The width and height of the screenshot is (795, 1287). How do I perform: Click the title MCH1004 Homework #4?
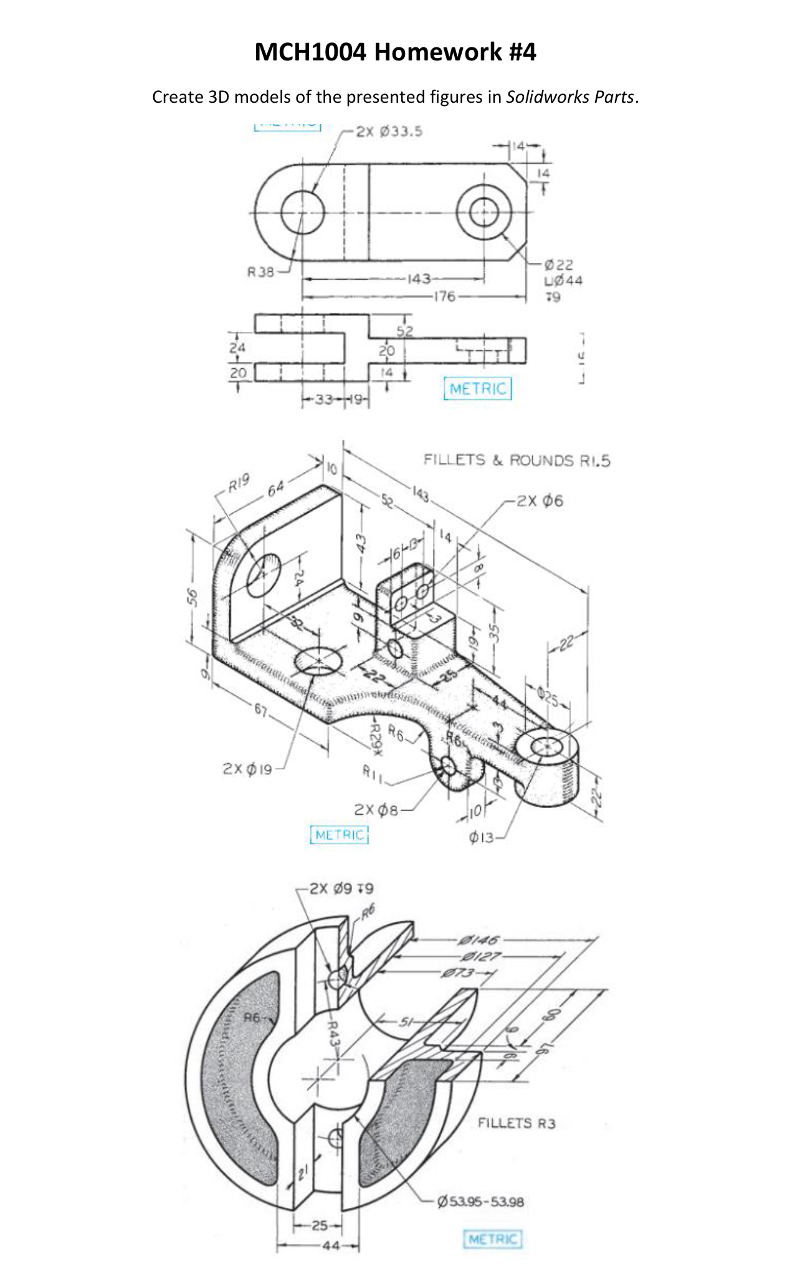coord(395,52)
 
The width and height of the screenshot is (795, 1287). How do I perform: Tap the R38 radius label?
coord(260,272)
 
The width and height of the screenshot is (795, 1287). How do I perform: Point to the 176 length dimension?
coord(444,296)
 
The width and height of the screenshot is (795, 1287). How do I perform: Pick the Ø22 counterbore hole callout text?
coord(558,265)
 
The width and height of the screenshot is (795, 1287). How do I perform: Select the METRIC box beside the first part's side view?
coord(478,389)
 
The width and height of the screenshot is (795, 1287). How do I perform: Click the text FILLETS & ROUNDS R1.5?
coord(517,460)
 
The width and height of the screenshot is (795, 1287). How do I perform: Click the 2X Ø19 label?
coord(247,769)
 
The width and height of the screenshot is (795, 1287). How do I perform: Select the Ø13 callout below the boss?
coord(481,838)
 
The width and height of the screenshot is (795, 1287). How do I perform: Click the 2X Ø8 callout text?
coord(375,810)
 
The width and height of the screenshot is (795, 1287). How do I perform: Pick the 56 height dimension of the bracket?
coord(193,596)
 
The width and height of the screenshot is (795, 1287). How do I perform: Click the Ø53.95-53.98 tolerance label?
coord(481,1202)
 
